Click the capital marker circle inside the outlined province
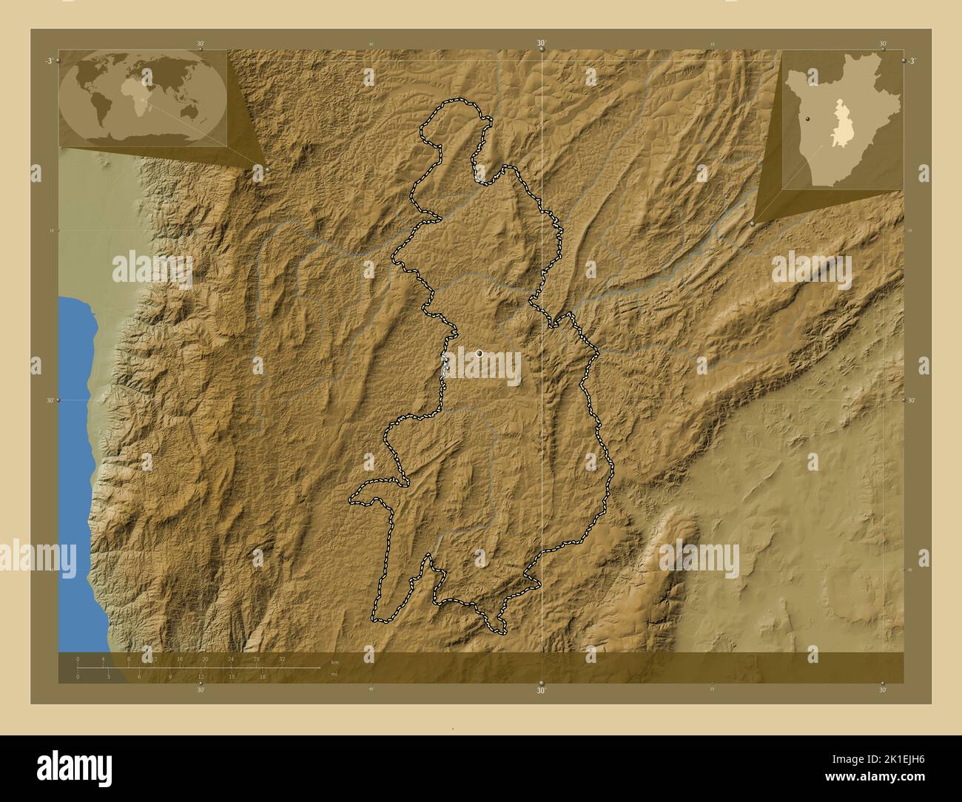pos(480,353)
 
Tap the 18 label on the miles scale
pos(263,676)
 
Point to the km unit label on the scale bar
pos(335,661)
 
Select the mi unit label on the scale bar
pos(334,673)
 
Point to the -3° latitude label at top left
pos(47,60)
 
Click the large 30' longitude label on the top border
pos(541,44)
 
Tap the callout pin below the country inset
pos(753,223)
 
